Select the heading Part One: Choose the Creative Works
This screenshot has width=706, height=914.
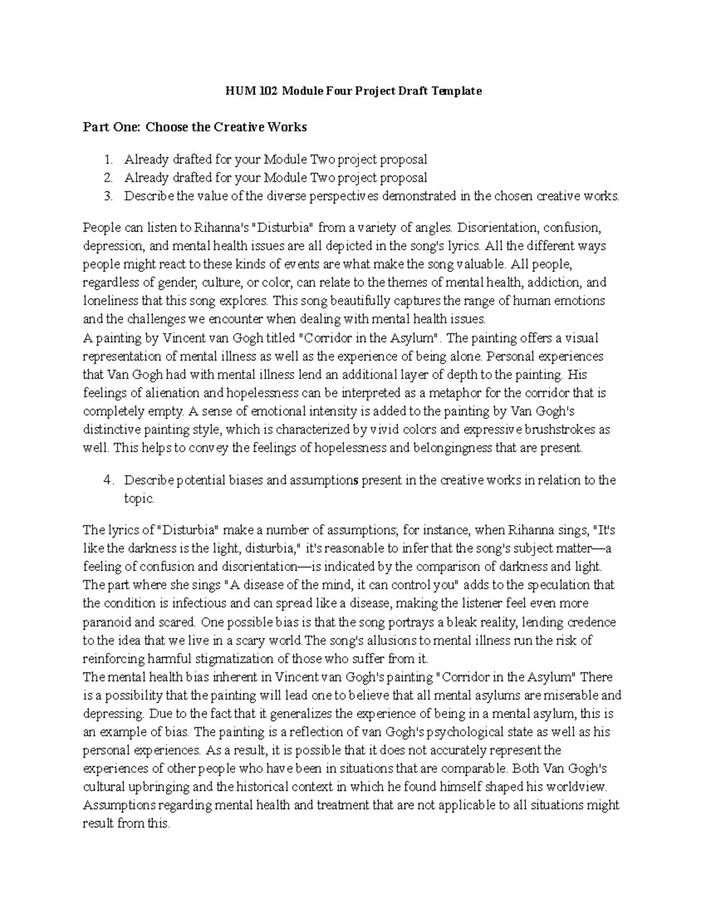pos(195,127)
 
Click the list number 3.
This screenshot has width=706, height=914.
pos(108,196)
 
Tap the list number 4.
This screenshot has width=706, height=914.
pos(108,480)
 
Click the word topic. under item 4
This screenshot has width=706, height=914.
pos(139,498)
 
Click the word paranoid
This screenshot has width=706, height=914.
pos(110,622)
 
